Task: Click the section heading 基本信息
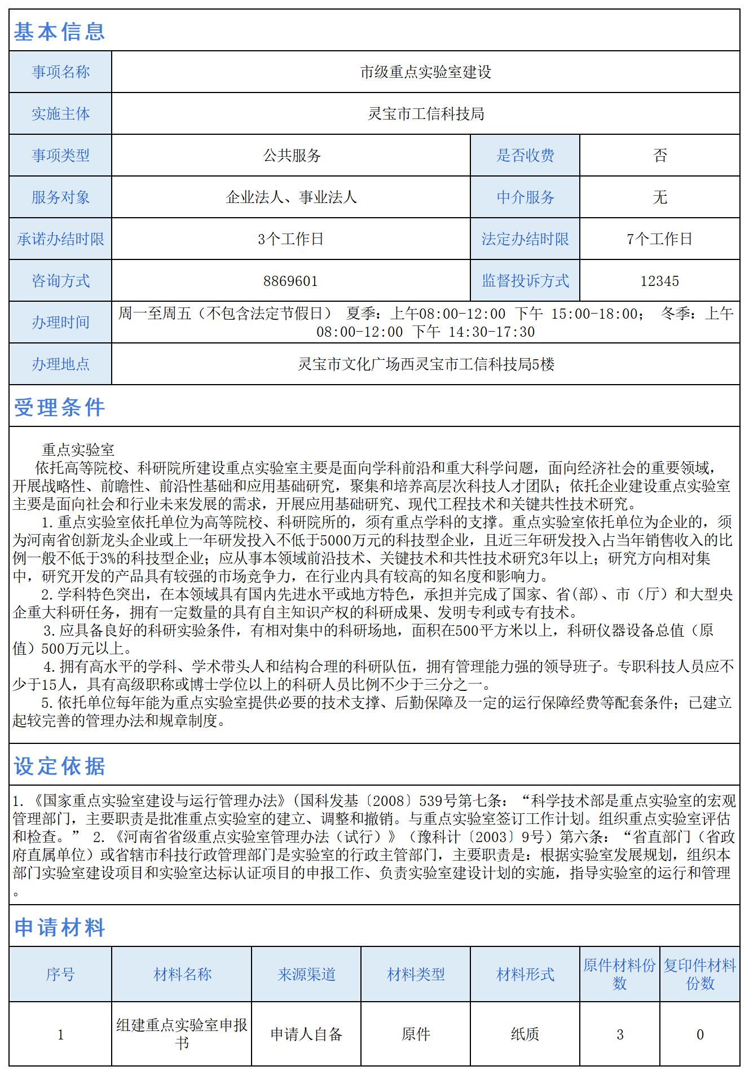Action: [59, 32]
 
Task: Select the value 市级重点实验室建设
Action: [425, 72]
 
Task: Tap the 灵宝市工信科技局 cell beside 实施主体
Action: [425, 114]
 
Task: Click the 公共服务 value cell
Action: [292, 156]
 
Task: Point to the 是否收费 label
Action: [525, 156]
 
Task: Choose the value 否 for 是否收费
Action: [660, 156]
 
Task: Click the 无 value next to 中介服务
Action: [660, 197]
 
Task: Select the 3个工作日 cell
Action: [290, 239]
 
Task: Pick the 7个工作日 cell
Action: [659, 239]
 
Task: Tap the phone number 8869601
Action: [290, 281]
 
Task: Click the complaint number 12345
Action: [659, 281]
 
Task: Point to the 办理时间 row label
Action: [60, 323]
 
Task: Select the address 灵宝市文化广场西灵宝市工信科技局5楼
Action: [425, 364]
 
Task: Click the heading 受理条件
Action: [59, 407]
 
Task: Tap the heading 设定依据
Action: [59, 766]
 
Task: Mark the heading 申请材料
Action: [59, 927]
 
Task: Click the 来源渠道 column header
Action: [306, 974]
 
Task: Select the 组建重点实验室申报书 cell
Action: [182, 1034]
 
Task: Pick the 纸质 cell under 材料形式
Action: [525, 1034]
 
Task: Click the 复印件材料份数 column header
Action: [699, 974]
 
